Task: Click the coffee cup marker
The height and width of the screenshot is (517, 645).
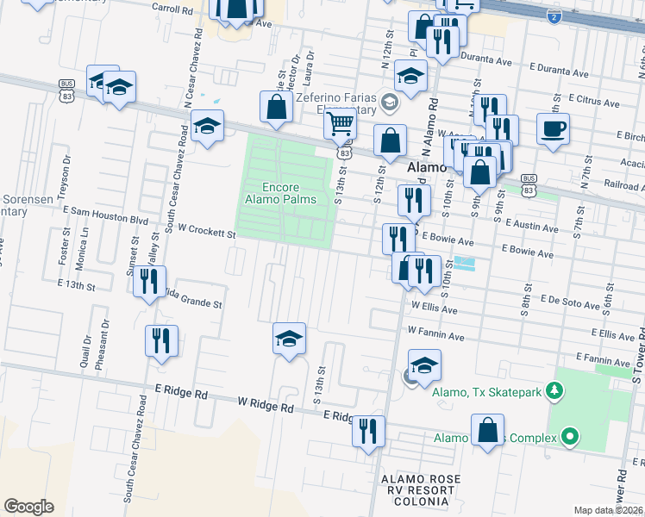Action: (553, 129)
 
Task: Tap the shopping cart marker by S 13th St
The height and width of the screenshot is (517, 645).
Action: (341, 125)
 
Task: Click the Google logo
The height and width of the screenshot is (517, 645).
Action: (28, 507)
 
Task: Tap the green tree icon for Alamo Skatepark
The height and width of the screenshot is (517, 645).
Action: (556, 391)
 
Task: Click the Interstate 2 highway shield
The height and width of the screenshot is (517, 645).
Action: (554, 16)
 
